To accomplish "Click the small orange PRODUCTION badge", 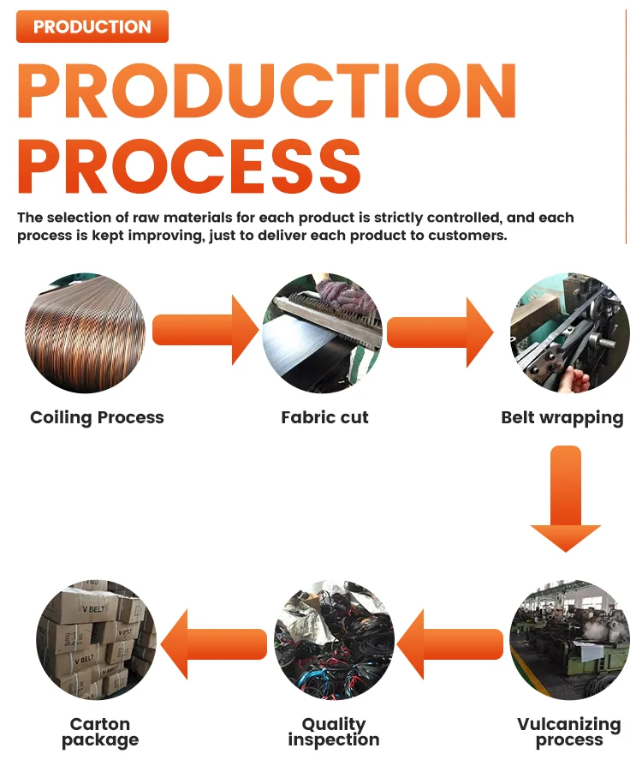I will point(92,27).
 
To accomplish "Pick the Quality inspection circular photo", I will point(334,640).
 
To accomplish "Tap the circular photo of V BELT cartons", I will point(97,640).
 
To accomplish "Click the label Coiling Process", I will point(97,418).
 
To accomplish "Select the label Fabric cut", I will point(324,418).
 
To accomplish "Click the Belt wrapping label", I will point(562,418).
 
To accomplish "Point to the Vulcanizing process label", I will point(569,732).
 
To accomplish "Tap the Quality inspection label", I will point(334,732).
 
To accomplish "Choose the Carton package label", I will point(100,732).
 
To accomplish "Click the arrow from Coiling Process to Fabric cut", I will point(205,330).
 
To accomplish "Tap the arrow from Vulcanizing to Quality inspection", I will point(450,643).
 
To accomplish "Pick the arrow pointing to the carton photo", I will point(214,643).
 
